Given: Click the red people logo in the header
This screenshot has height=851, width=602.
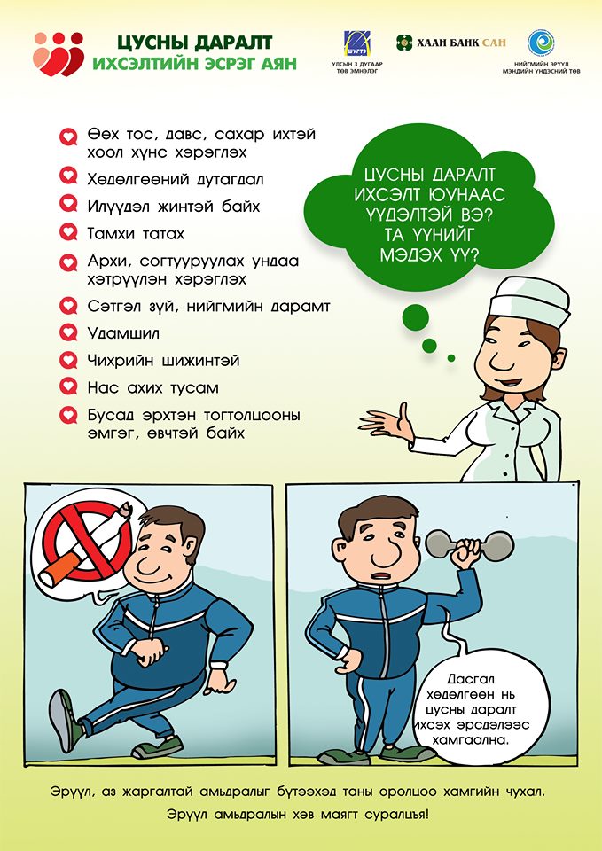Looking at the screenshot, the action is tap(59, 54).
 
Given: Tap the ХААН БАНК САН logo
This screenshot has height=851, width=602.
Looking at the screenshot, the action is tap(450, 43).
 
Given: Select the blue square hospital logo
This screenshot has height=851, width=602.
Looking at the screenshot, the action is tap(356, 43).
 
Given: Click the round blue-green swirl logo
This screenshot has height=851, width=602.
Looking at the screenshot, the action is tap(541, 43).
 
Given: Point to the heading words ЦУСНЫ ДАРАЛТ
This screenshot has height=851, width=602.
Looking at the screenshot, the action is tap(194, 43).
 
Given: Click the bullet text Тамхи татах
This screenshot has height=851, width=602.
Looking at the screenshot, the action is tap(136, 233).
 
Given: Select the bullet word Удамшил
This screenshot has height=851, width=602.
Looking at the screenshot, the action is tap(123, 332).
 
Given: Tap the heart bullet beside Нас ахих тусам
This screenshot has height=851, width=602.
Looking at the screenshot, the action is tap(68, 386).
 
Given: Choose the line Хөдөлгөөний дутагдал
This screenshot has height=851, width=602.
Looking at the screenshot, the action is tap(176, 179).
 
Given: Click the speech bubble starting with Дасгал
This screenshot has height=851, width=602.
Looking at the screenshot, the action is tap(471, 710).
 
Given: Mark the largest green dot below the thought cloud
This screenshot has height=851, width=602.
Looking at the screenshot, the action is tap(415, 317).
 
